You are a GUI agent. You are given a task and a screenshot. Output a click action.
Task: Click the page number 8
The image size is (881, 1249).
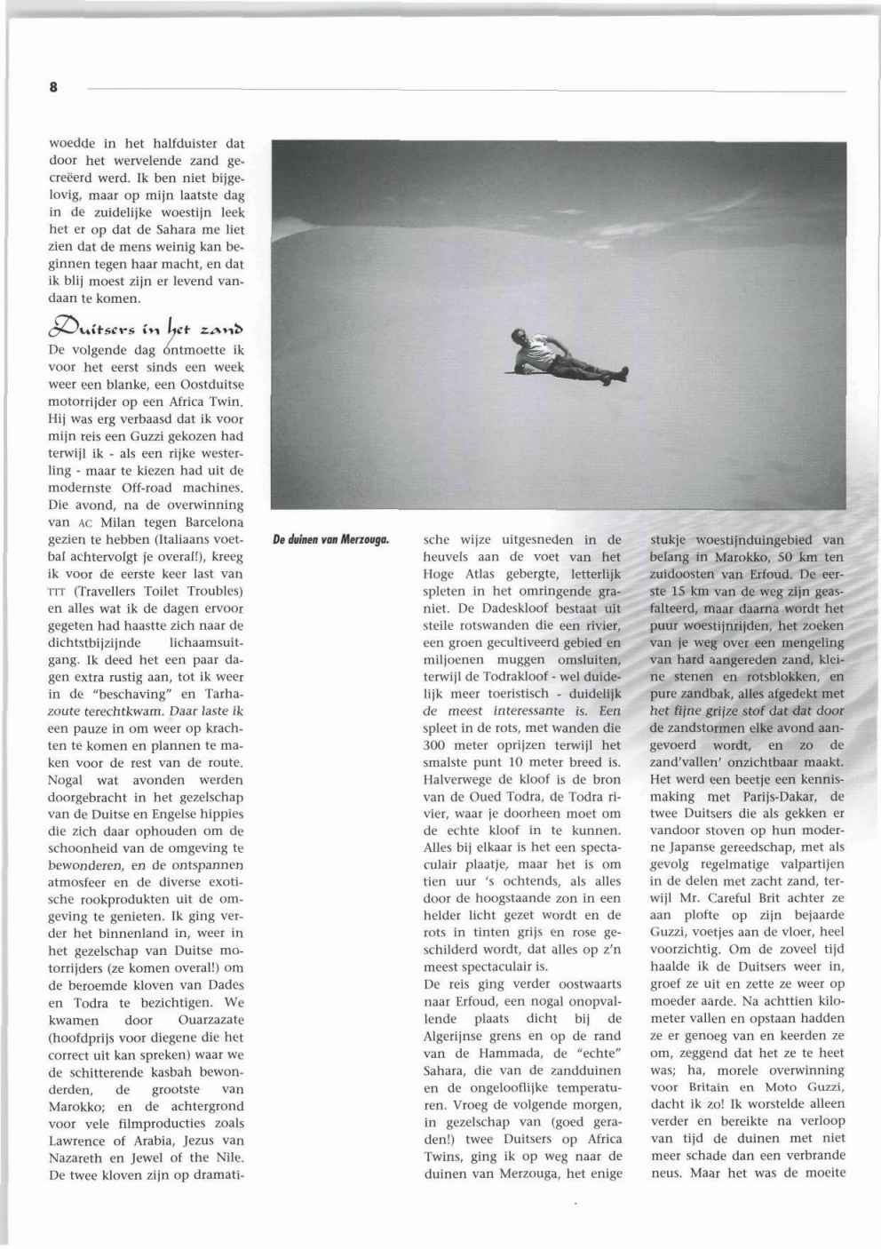pos(53,87)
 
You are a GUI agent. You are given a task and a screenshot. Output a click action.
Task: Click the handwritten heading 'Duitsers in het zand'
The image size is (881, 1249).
pos(146,329)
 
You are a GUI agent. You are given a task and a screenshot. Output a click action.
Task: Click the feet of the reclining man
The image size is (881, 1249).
pos(623,371)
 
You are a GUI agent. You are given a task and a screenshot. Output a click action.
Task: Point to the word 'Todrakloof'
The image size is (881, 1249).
pos(530,677)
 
